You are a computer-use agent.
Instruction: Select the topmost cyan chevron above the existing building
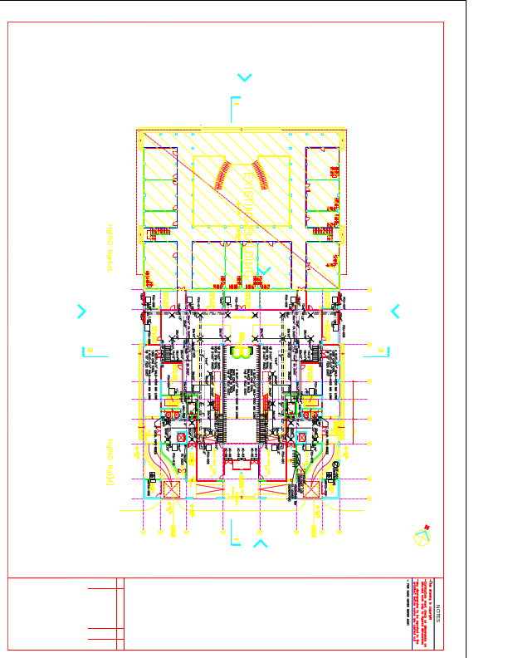245,77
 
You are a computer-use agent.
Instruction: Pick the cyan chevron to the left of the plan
81,312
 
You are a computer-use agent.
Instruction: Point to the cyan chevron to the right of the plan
396,312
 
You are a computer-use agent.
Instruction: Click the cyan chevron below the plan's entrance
260,544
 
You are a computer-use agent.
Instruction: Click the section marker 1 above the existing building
235,105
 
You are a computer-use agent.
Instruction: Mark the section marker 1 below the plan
235,540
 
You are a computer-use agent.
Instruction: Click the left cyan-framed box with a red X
182,437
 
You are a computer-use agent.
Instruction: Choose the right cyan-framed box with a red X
301,437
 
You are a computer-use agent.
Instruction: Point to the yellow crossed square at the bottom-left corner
172,489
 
